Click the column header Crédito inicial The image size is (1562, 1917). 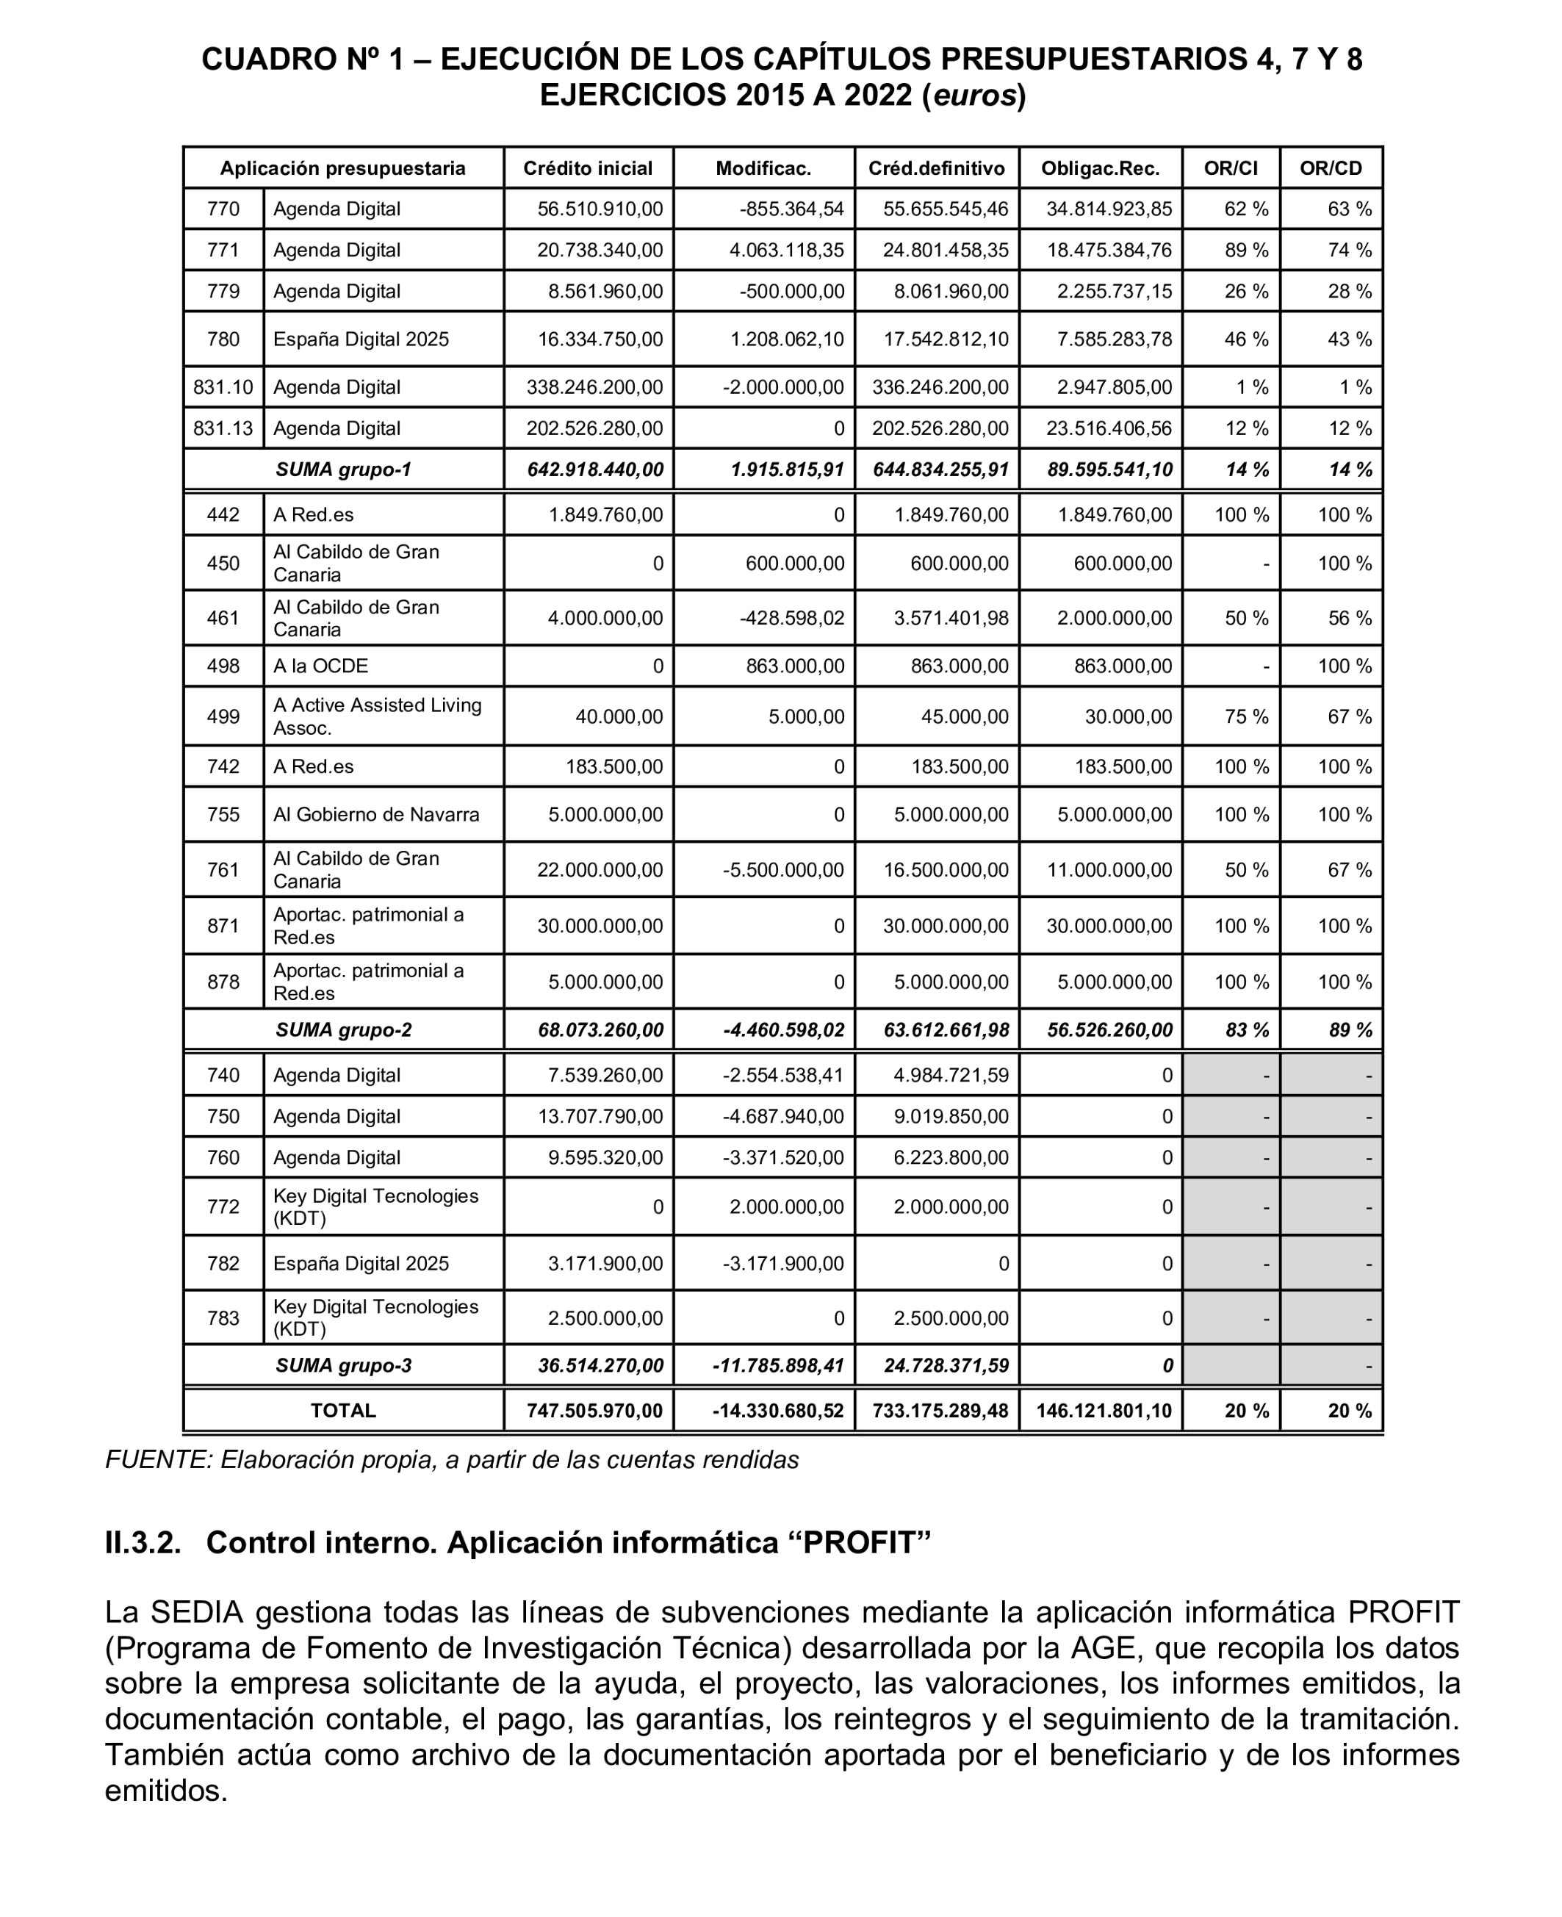pyautogui.click(x=588, y=168)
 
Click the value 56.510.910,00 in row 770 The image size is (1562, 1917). pyautogui.click(x=600, y=209)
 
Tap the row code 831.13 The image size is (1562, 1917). pyautogui.click(x=223, y=428)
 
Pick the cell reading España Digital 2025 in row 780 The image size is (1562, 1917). pyautogui.click(x=361, y=339)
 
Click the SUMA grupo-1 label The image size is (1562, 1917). pyautogui.click(x=343, y=470)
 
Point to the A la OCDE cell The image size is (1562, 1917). pyautogui.click(x=320, y=666)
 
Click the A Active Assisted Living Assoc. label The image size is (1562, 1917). pyautogui.click(x=377, y=716)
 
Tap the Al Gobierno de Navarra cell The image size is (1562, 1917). pyautogui.click(x=376, y=814)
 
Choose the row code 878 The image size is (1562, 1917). pyautogui.click(x=223, y=982)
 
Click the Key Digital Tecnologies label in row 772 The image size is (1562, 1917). pyautogui.click(x=375, y=1206)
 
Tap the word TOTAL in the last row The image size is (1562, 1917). pyautogui.click(x=343, y=1411)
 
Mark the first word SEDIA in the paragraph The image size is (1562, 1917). pyautogui.click(x=197, y=1612)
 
